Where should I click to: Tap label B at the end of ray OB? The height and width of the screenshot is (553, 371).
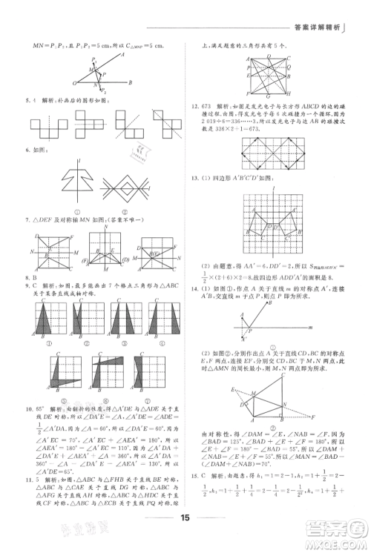(x=131, y=82)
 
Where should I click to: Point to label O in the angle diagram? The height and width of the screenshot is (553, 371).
(x=74, y=84)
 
